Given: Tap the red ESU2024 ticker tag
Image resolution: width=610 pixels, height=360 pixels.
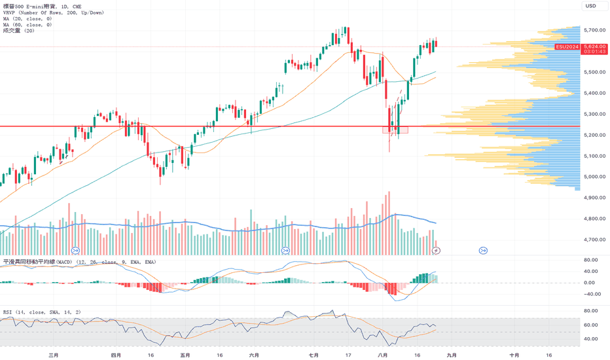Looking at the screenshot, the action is [567, 46].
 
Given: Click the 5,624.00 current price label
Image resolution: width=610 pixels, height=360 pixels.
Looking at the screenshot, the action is [594, 46].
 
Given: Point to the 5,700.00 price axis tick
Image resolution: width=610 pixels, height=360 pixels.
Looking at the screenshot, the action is [594, 30].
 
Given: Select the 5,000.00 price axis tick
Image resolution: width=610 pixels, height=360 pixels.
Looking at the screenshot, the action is [594, 177].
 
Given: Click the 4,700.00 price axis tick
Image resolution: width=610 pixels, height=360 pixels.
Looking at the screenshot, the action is [594, 240].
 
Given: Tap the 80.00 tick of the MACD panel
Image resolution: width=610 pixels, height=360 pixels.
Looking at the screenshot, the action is [591, 260].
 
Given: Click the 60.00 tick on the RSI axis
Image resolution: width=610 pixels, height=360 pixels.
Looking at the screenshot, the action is [591, 325].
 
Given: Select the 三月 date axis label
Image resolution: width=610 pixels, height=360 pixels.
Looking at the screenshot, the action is [54, 355].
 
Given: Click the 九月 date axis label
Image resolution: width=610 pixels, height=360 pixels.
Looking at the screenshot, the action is [452, 355].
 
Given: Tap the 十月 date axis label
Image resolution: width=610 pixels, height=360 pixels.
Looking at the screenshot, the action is [514, 355].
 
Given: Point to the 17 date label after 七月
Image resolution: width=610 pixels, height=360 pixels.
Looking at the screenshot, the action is [348, 355].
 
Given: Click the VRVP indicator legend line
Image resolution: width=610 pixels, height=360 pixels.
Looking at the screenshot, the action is [54, 13].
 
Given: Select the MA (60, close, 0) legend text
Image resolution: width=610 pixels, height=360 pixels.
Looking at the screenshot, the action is [27, 24].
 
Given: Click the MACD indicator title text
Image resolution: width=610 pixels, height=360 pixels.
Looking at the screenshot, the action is [80, 262].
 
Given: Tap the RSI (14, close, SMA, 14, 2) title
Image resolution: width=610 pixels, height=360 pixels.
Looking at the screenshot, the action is [42, 312].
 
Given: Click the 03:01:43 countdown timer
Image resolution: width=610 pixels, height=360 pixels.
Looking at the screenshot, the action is [594, 52].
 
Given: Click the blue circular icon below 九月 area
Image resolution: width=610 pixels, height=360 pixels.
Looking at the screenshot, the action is [483, 251].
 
